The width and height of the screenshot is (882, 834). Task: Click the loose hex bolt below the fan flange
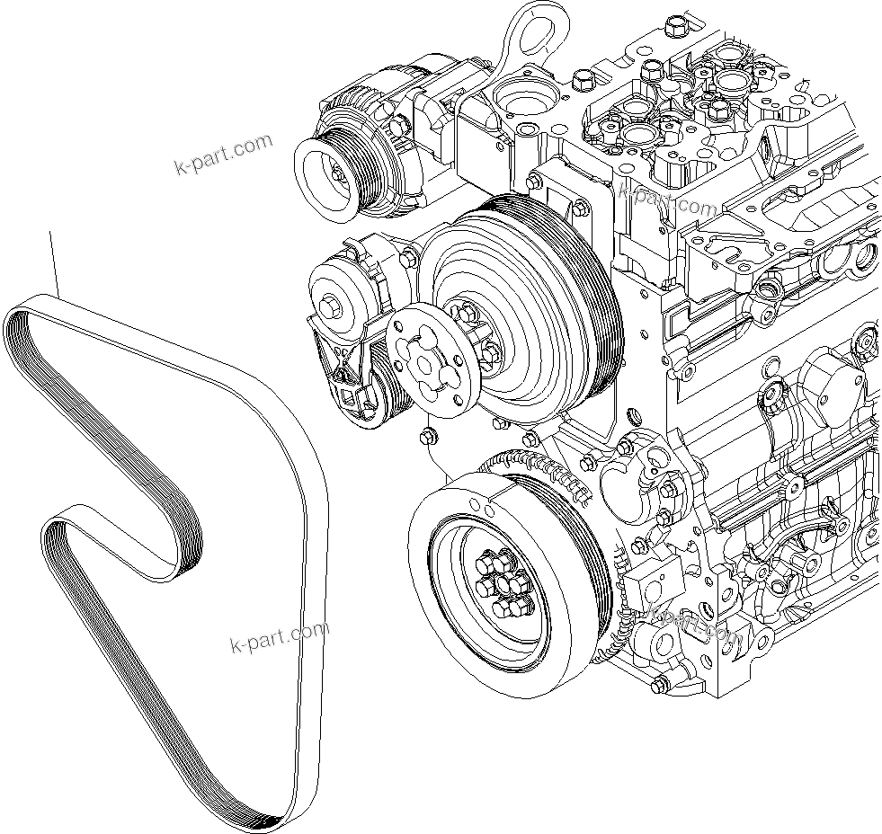pos(427,437)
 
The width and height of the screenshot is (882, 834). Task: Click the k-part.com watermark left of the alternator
pos(222,155)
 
